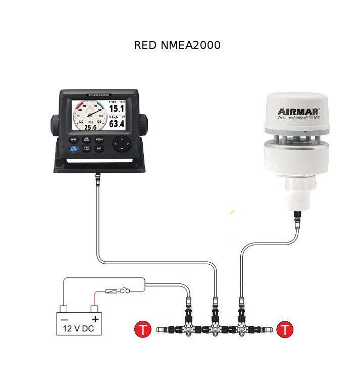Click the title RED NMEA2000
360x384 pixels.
pyautogui.click(x=177, y=45)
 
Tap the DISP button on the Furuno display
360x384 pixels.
pyautogui.click(x=74, y=139)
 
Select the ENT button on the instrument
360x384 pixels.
pyautogui.click(x=99, y=149)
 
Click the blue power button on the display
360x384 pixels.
pyautogui.click(x=74, y=149)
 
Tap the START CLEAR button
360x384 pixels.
pyautogui.click(x=86, y=149)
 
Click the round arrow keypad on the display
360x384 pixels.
pyautogui.click(x=121, y=143)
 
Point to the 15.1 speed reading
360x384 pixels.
pyautogui.click(x=117, y=109)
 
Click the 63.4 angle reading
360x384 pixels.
pyautogui.click(x=117, y=124)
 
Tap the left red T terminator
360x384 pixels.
pyautogui.click(x=143, y=330)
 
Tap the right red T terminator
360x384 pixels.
pyautogui.click(x=285, y=330)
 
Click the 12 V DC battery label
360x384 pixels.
pyautogui.click(x=78, y=328)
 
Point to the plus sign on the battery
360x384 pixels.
pyautogui.click(x=94, y=319)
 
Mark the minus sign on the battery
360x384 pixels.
pyautogui.click(x=64, y=319)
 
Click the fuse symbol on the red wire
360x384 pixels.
pyautogui.click(x=112, y=291)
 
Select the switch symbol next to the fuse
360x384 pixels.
pyautogui.click(x=125, y=291)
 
